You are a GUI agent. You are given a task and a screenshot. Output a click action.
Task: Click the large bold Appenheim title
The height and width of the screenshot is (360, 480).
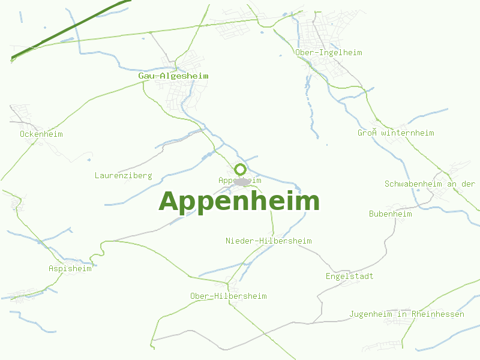[239, 202]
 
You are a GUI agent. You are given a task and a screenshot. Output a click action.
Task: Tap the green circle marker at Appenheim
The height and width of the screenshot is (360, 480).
[241, 169]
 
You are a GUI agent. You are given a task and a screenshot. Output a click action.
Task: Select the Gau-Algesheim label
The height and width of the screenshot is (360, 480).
[173, 76]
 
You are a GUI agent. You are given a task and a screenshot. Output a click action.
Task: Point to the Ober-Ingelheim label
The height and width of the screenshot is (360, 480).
[329, 53]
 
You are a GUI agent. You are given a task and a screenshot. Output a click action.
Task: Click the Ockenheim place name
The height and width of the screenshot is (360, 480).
[41, 134]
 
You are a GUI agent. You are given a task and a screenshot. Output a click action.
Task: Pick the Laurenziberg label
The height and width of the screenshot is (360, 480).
[123, 176]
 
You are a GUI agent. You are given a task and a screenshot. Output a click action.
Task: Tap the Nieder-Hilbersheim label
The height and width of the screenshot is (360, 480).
[269, 241]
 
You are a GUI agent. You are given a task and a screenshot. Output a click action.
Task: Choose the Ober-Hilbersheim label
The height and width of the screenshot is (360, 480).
[228, 296]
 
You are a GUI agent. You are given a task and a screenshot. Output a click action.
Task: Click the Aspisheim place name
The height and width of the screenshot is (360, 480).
[70, 269]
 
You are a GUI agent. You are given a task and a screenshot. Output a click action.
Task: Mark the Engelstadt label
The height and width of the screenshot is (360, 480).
[349, 277]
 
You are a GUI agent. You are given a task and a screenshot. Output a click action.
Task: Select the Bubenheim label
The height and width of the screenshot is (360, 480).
[391, 214]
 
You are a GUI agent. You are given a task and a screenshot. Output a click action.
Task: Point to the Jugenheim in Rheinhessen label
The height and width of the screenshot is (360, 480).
[407, 314]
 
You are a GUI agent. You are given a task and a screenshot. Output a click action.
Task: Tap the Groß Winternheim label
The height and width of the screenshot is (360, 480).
[396, 133]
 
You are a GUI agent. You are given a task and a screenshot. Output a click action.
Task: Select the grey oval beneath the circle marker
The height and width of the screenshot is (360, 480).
[242, 181]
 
